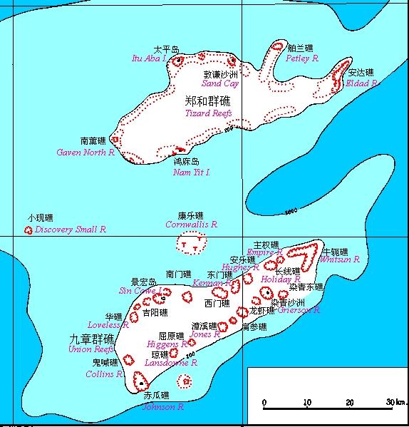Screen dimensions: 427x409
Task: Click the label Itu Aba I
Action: (x=149, y=58)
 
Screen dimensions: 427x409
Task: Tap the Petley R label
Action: (x=301, y=58)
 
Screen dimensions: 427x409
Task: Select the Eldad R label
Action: (x=361, y=83)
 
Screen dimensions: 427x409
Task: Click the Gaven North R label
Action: (x=86, y=152)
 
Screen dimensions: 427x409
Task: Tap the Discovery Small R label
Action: (x=71, y=230)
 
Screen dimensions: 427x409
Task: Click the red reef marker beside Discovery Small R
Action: (x=29, y=230)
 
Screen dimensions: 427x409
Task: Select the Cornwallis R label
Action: (x=191, y=224)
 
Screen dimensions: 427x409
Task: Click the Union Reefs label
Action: (x=90, y=349)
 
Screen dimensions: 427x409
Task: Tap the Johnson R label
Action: (x=163, y=407)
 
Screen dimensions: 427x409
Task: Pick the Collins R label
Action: (x=105, y=374)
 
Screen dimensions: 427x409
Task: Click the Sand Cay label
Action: (x=219, y=83)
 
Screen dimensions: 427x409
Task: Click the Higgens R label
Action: (x=167, y=344)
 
